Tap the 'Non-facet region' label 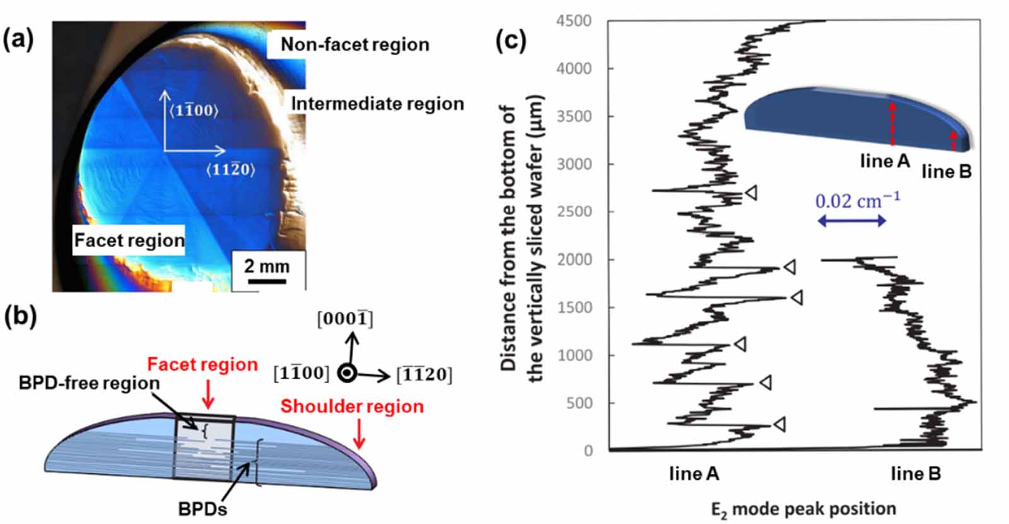pyautogui.click(x=354, y=45)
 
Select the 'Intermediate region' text pyautogui.click(x=377, y=104)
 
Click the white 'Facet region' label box pyautogui.click(x=129, y=241)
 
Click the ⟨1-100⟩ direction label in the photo pyautogui.click(x=194, y=110)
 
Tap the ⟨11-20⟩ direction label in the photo pyautogui.click(x=230, y=169)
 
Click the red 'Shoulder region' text pyautogui.click(x=352, y=407)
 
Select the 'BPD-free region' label pyautogui.click(x=89, y=383)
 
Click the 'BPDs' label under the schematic pyautogui.click(x=202, y=509)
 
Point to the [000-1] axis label pyautogui.click(x=345, y=319)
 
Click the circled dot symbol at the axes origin pyautogui.click(x=346, y=373)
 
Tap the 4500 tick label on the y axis pyautogui.click(x=573, y=21)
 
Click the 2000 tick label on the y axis pyautogui.click(x=573, y=259)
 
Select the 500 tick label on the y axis pyautogui.click(x=578, y=403)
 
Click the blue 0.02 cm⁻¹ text pyautogui.click(x=857, y=201)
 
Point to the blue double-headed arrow pyautogui.click(x=851, y=220)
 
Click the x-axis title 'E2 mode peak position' pyautogui.click(x=803, y=509)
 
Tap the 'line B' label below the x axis pyautogui.click(x=915, y=473)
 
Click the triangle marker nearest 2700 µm pyautogui.click(x=751, y=193)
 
